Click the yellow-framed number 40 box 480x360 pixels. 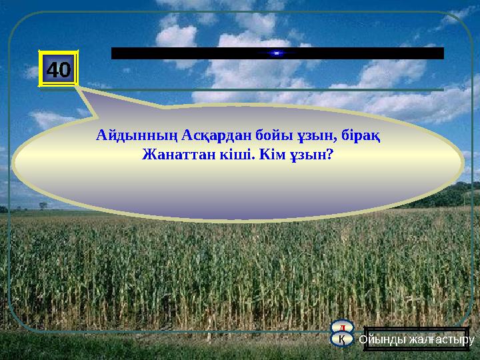60,68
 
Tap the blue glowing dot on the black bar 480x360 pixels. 277,53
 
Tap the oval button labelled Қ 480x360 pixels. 341,340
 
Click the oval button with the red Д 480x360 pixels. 342,327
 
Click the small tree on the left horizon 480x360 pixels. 43,205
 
